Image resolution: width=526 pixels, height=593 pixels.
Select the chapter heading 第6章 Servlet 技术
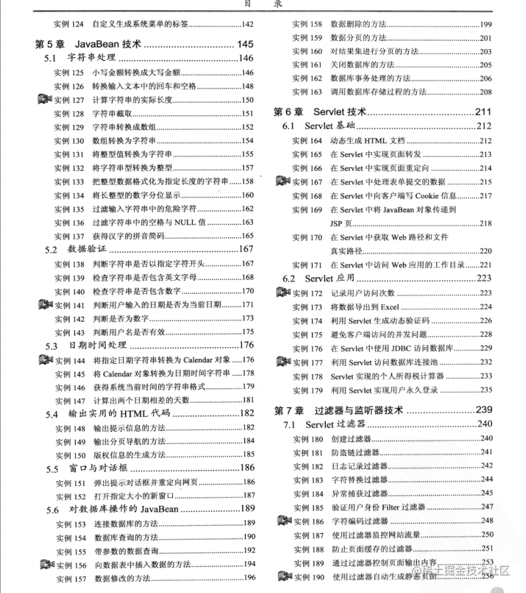click(320, 112)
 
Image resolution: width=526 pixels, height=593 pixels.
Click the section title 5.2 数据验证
click(72, 250)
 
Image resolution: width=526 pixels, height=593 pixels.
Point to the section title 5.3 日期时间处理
click(82, 346)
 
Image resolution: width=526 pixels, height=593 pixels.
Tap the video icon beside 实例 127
click(44, 100)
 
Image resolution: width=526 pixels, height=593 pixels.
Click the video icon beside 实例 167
click(282, 181)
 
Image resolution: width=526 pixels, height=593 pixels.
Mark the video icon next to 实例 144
click(44, 360)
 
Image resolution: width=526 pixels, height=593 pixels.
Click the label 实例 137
click(70, 236)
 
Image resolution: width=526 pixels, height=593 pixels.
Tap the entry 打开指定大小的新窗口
click(136, 496)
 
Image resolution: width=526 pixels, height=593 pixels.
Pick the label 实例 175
click(308, 334)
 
